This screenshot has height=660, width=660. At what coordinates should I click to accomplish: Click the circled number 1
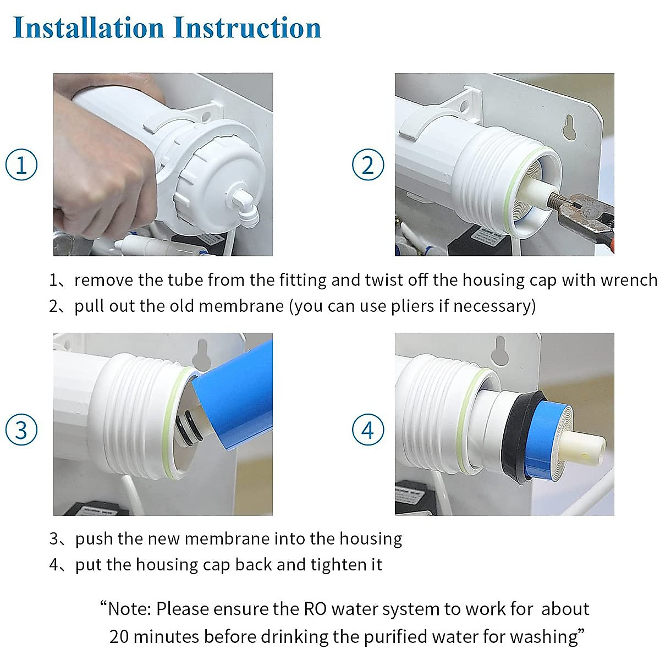[x=21, y=165]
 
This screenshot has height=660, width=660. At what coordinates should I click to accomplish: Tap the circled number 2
[x=368, y=165]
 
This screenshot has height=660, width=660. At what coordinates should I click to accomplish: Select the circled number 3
[x=21, y=430]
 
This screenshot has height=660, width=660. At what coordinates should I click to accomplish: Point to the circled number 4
[x=368, y=430]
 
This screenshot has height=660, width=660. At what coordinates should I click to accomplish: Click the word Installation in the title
[x=89, y=28]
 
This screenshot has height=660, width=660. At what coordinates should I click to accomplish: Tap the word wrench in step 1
[x=629, y=280]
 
